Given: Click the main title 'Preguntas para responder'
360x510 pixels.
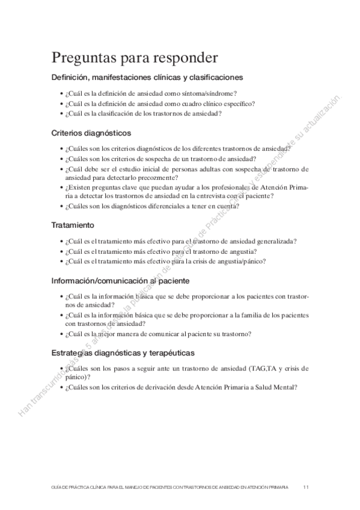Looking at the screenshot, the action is coord(135,58).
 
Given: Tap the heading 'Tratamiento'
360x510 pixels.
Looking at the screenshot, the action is coord(72,226).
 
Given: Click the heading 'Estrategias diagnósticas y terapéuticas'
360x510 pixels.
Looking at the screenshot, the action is coord(123,352).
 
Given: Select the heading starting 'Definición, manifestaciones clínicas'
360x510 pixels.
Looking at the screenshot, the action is coord(147,78).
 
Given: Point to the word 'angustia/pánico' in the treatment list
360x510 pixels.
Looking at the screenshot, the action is coord(242,261).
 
